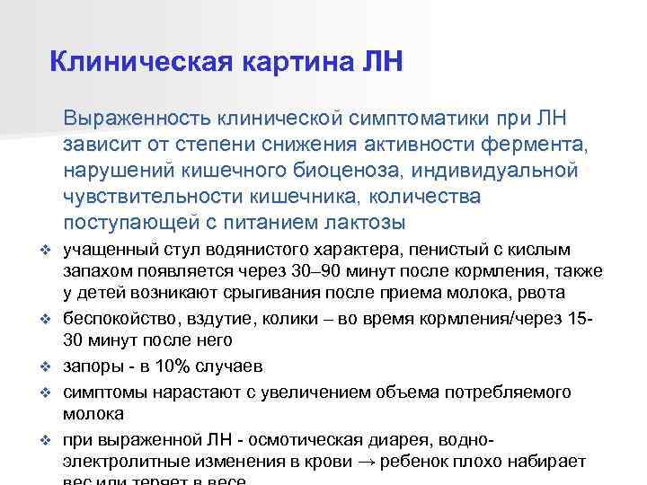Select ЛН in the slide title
382,61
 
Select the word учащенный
109,250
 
